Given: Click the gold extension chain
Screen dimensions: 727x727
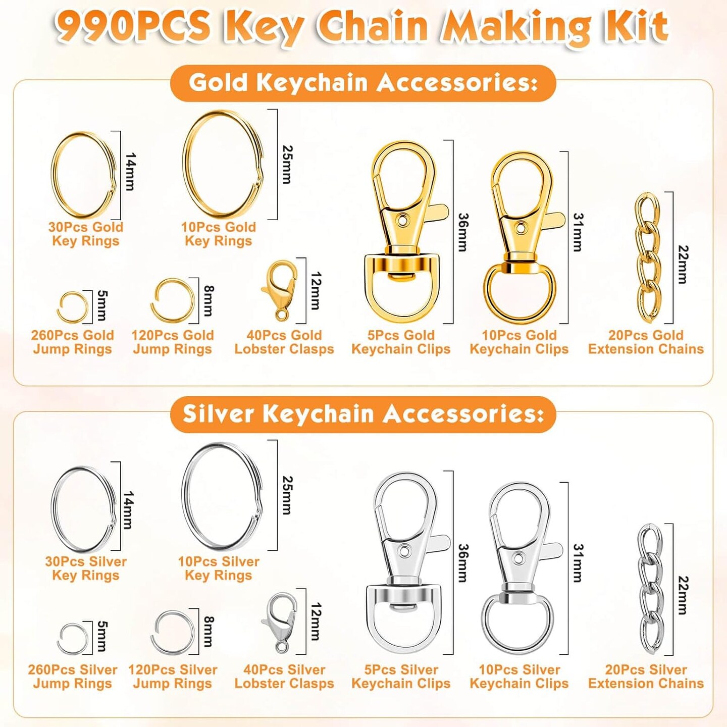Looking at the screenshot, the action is pyautogui.click(x=648, y=258).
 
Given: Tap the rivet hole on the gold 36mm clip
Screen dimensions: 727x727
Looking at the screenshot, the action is pyautogui.click(x=404, y=219).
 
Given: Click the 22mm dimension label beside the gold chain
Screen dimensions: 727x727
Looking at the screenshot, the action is pyautogui.click(x=682, y=265).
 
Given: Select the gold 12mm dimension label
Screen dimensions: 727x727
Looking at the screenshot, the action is pyautogui.click(x=316, y=290).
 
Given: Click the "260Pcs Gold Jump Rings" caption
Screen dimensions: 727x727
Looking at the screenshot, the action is pyautogui.click(x=72, y=342).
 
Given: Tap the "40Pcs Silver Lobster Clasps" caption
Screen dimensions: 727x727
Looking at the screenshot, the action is pyautogui.click(x=284, y=677).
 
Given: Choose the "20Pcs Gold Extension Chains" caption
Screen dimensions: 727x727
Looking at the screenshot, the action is pyautogui.click(x=646, y=342).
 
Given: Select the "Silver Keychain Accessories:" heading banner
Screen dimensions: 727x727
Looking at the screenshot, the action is pyautogui.click(x=363, y=414).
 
